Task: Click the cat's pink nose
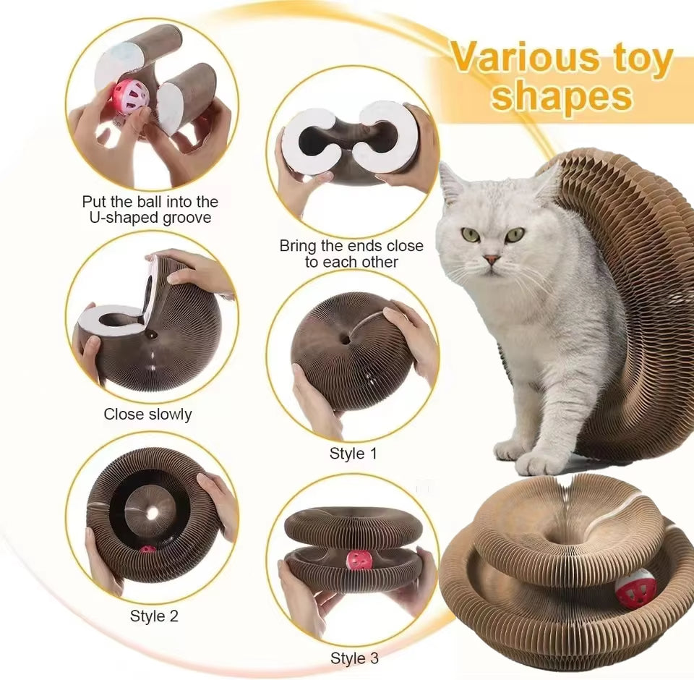[x=492, y=259]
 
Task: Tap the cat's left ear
[x=450, y=185]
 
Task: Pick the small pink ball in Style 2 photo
[x=147, y=551]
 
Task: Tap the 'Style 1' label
[x=353, y=454]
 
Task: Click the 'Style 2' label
[x=154, y=616]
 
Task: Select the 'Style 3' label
[x=354, y=658]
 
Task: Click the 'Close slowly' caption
[x=147, y=414]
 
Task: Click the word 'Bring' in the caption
[x=300, y=246]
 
